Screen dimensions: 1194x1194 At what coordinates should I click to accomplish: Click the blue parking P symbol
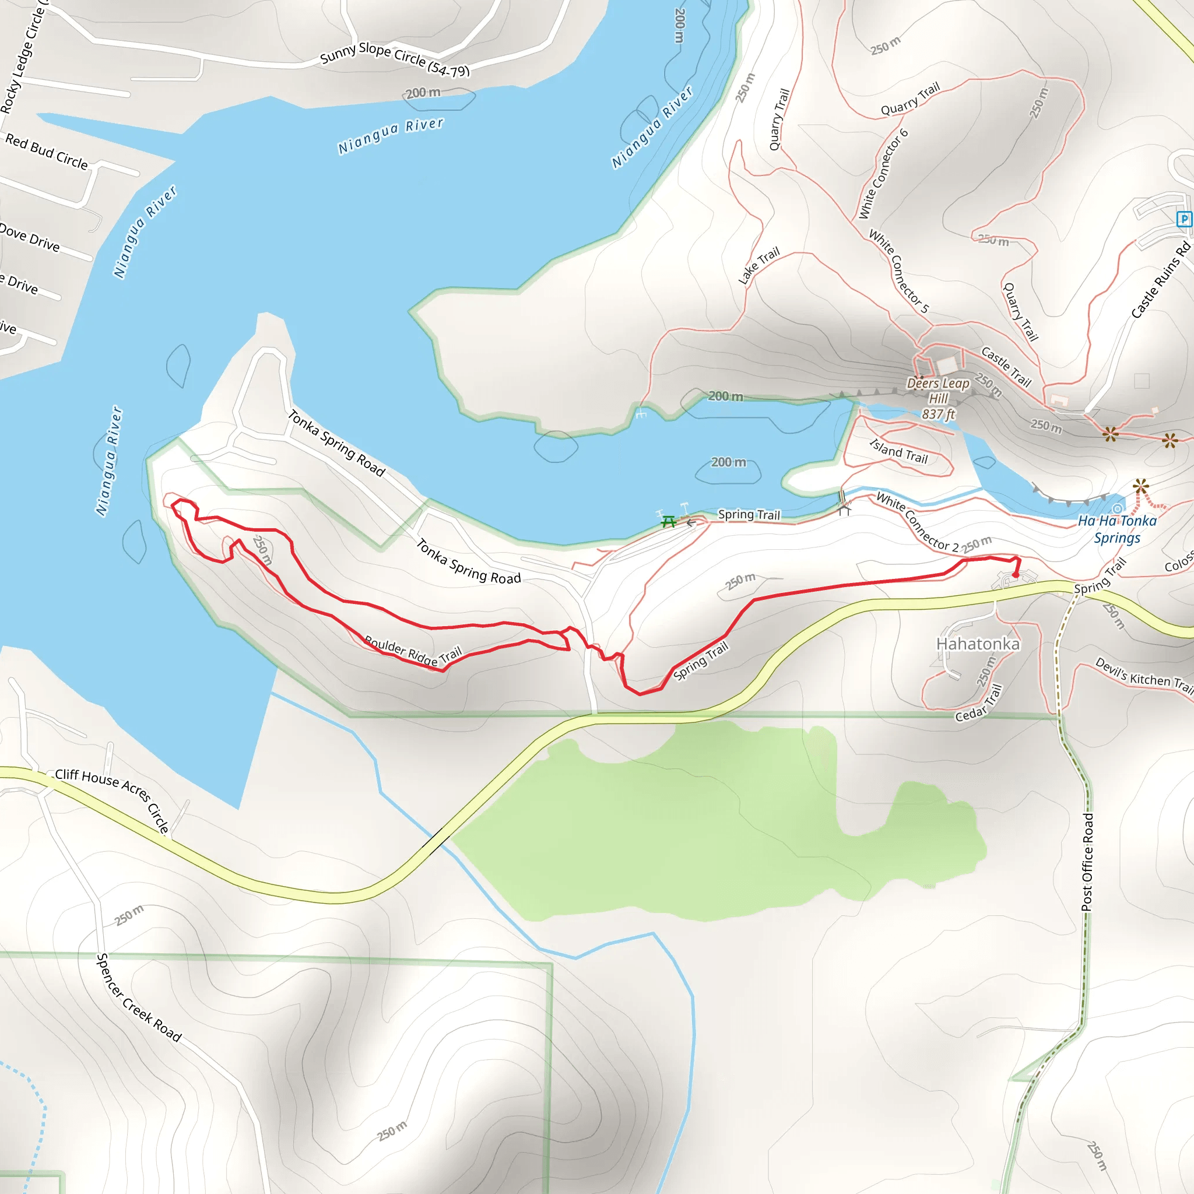tap(1184, 219)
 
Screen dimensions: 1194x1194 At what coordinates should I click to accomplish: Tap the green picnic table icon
tap(668, 522)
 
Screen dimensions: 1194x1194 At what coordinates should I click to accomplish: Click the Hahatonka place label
tap(978, 644)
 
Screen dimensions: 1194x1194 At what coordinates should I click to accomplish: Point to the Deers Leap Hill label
tap(938, 399)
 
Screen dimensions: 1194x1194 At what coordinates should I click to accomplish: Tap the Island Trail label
tap(898, 451)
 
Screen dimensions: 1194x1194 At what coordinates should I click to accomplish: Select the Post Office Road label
tap(1088, 862)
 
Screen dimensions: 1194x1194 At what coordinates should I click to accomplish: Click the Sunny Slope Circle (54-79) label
tap(395, 59)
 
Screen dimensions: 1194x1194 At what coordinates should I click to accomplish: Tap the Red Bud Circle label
tap(47, 152)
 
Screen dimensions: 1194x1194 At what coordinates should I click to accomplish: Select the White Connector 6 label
tap(884, 174)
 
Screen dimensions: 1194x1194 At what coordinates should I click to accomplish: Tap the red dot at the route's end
tap(1016, 575)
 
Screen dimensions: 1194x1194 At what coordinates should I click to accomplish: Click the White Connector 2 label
tap(917, 522)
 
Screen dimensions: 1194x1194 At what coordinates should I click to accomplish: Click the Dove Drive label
tap(30, 238)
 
